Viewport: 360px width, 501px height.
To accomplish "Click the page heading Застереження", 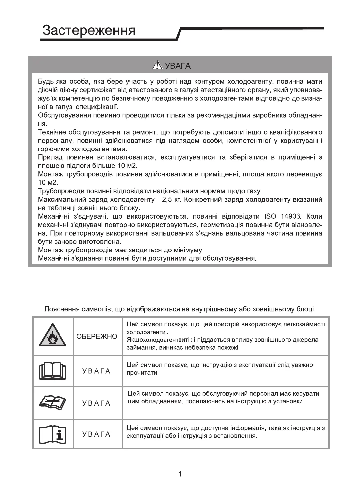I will (x=89, y=30).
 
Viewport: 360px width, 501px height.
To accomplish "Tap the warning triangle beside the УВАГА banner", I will (x=157, y=66).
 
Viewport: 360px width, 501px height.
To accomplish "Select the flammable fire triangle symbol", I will (x=53, y=336).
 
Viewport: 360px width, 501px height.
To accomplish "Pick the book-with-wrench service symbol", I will (x=53, y=403).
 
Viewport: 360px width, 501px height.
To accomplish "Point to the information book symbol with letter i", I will (x=53, y=434).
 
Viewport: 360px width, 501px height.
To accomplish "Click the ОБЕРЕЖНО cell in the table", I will (x=97, y=336).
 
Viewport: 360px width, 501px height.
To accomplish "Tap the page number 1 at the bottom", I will (x=180, y=474).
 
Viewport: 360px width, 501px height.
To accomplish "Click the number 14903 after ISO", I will (x=291, y=217).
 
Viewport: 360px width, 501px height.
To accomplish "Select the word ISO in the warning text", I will (x=270, y=217).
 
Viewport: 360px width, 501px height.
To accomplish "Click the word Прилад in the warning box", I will (x=49, y=157).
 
